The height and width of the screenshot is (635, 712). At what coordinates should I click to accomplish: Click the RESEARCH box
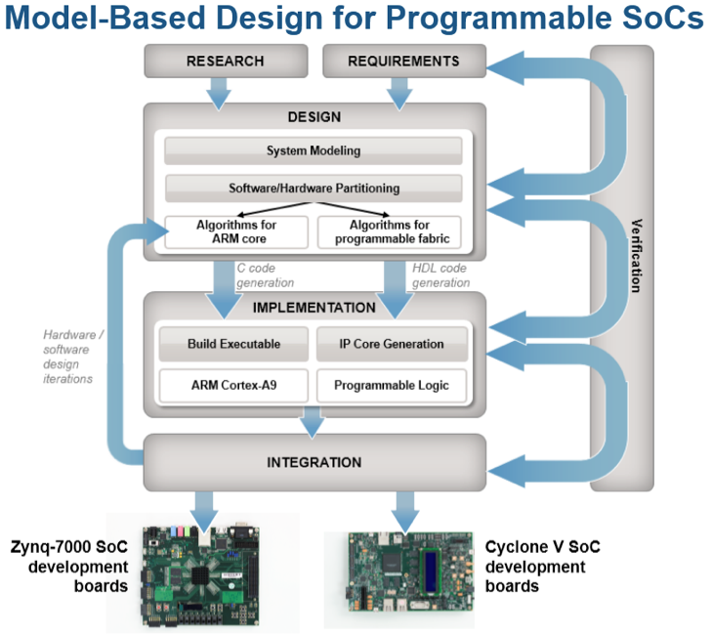click(x=225, y=62)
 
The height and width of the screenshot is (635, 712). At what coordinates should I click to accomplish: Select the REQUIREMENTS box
click(x=404, y=62)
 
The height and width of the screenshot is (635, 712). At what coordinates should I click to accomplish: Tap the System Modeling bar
click(x=314, y=150)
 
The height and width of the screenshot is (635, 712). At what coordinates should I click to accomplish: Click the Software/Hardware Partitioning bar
click(x=314, y=188)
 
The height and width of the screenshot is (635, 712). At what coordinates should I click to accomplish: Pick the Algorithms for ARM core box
click(x=236, y=232)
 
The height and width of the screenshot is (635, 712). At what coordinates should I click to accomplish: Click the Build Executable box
click(x=233, y=344)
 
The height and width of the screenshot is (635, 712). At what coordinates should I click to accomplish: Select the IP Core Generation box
click(x=392, y=344)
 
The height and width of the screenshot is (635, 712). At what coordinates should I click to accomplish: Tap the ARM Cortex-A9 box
click(x=233, y=385)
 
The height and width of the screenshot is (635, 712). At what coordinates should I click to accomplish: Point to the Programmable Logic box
click(x=392, y=385)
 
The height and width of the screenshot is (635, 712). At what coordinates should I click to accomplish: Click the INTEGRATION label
click(x=314, y=462)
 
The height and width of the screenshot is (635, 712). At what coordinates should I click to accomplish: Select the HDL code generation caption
click(x=441, y=275)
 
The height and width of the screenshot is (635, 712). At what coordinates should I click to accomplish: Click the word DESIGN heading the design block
click(x=314, y=117)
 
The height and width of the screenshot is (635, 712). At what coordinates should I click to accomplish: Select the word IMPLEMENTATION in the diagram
click(x=314, y=308)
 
